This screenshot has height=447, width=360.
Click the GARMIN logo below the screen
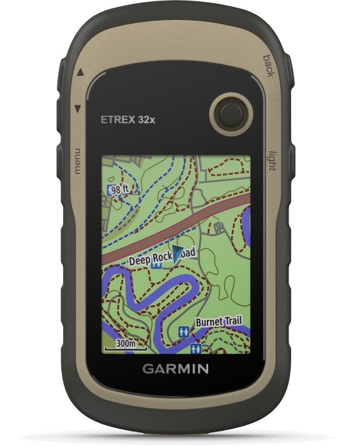click(x=175, y=368)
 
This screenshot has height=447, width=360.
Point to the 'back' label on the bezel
click(x=268, y=66)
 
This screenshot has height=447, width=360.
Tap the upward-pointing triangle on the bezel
click(x=80, y=72)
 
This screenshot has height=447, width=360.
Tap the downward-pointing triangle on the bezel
click(x=78, y=109)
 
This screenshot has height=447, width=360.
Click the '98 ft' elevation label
click(x=119, y=190)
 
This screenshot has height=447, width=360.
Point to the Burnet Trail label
click(x=218, y=322)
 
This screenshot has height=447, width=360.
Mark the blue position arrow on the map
click(x=177, y=251)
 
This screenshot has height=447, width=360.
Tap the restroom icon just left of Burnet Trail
click(x=184, y=331)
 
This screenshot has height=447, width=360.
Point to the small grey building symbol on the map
click(x=218, y=227)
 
